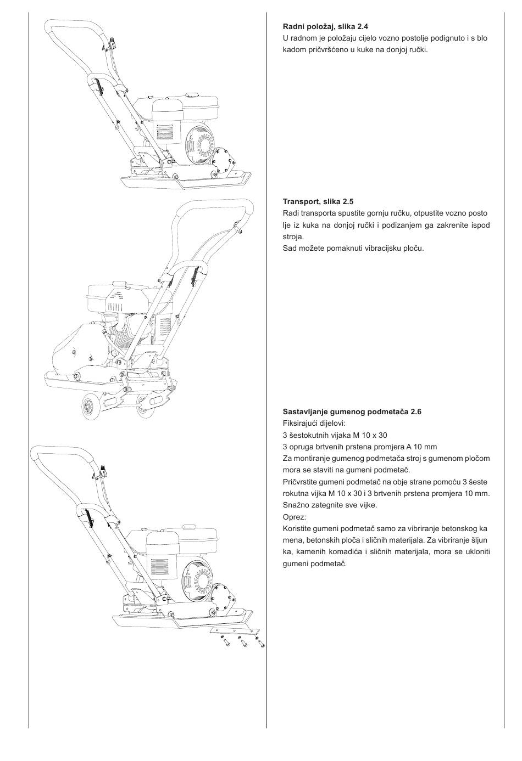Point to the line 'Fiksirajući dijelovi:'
click(314, 423)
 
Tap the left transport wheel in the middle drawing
click(88, 407)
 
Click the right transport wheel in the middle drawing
click(146, 406)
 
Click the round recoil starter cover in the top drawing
click(199, 144)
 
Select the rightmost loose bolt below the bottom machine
click(260, 644)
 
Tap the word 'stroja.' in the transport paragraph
click(293, 236)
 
